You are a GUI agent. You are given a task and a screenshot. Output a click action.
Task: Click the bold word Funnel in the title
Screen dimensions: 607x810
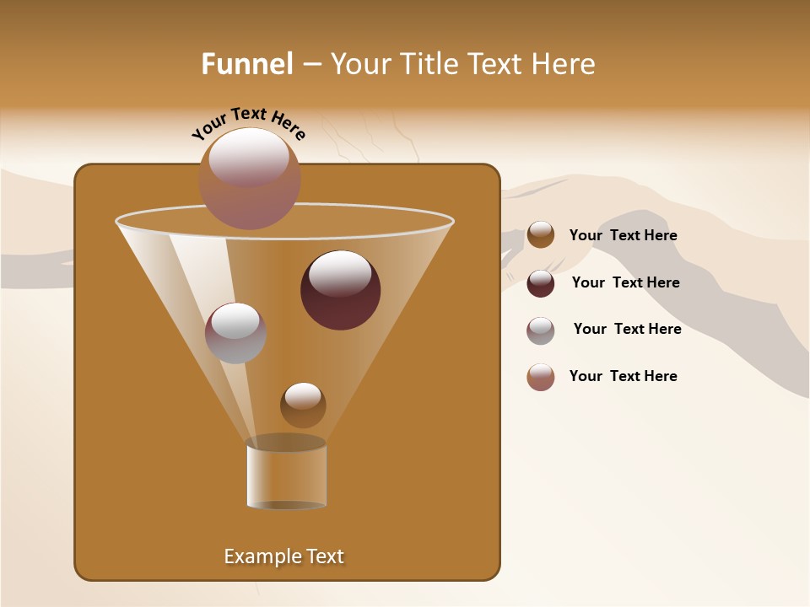[x=246, y=64]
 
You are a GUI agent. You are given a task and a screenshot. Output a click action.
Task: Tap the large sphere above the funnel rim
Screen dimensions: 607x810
[x=250, y=179]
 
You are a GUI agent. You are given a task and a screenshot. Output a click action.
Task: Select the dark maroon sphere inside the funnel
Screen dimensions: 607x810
[x=341, y=290]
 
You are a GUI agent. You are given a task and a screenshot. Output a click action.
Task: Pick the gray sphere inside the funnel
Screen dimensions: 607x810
[x=235, y=333]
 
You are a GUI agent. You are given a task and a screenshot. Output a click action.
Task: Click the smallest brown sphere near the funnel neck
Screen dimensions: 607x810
[x=303, y=406]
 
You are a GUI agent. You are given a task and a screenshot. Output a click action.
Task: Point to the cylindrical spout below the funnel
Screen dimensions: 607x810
[x=287, y=474]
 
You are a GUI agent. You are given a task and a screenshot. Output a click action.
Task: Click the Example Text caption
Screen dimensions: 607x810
[x=283, y=556]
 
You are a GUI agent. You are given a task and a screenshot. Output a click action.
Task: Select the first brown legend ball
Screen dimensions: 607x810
[x=541, y=235]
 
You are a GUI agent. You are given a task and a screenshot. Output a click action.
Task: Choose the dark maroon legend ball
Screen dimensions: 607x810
[x=541, y=283]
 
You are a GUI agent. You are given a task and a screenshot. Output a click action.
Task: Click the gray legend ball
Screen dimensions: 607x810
[x=541, y=330]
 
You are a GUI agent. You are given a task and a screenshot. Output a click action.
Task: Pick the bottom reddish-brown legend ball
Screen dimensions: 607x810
[x=541, y=377]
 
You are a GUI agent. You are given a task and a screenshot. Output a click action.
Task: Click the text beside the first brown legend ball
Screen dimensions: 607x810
[x=623, y=236]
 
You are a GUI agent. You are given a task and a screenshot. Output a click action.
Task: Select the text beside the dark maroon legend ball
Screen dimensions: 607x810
[x=625, y=283]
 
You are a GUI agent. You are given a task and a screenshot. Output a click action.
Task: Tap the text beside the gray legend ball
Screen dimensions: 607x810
[x=627, y=330]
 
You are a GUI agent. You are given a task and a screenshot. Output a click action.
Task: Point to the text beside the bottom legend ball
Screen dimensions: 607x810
[x=623, y=377]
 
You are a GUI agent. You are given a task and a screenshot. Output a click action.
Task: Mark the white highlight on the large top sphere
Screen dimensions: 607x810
[x=248, y=156]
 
